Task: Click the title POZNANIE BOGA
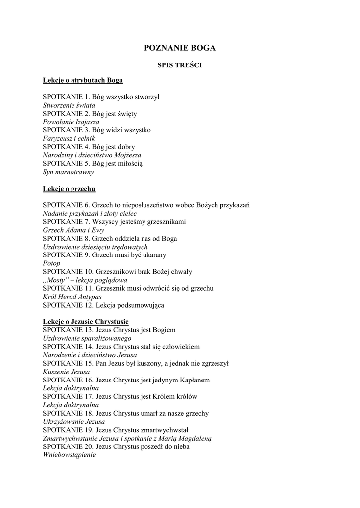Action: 179,48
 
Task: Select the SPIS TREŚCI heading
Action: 179,65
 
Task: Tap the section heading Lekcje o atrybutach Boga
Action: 82,80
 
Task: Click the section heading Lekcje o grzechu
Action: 69,189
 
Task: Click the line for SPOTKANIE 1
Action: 101,97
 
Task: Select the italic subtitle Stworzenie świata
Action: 69,105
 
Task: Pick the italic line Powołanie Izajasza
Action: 71,122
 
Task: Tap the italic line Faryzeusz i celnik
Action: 69,138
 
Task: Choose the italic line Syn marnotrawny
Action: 68,172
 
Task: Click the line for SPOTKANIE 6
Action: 146,205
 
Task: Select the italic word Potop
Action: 51,263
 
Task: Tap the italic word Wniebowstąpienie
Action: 69,455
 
